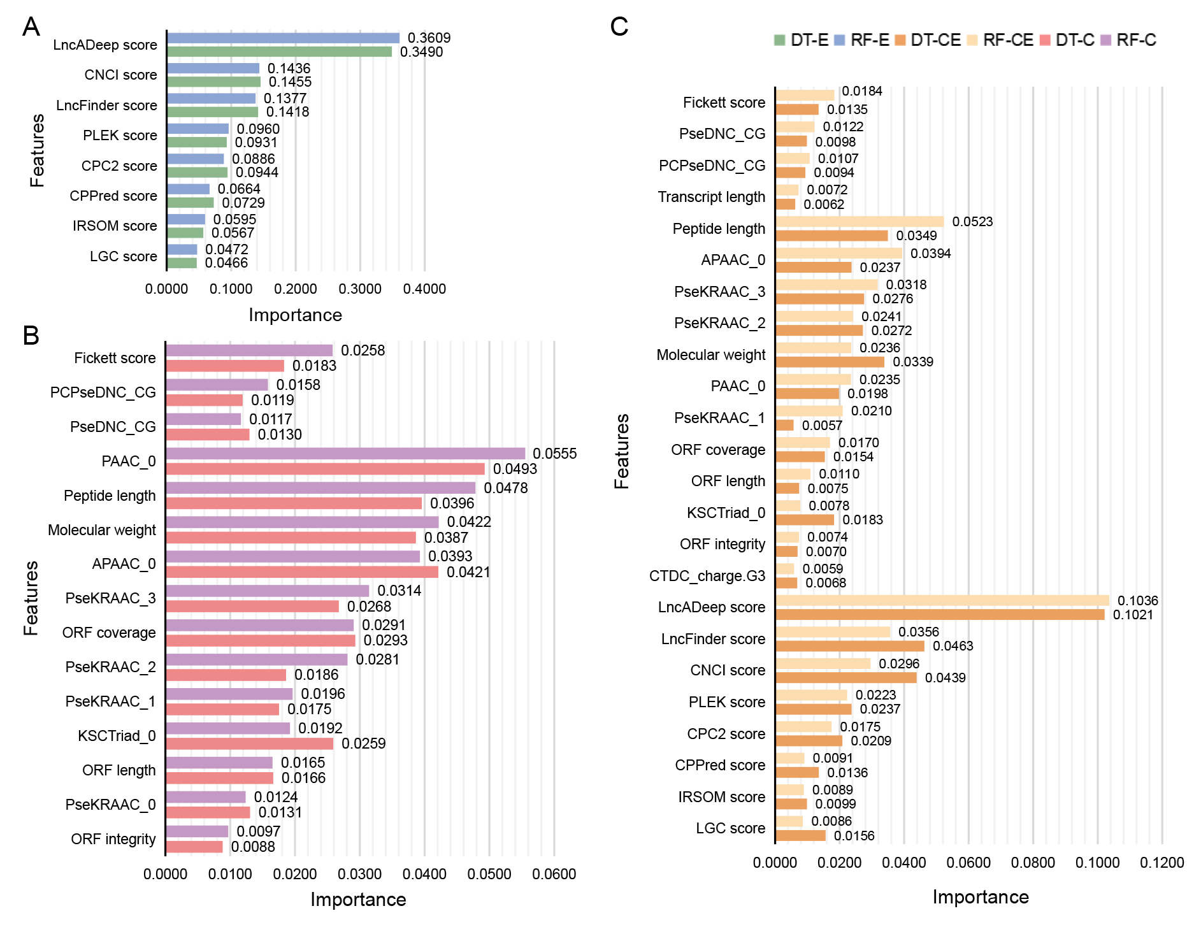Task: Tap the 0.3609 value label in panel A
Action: (429, 38)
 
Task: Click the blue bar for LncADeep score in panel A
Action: (283, 38)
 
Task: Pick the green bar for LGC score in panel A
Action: (182, 262)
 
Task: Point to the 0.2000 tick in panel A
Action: (296, 289)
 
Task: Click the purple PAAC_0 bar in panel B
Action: (345, 454)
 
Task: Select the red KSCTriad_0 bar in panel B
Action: (249, 744)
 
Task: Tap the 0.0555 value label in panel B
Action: (554, 454)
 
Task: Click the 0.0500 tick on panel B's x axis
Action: (489, 873)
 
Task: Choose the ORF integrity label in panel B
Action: (113, 839)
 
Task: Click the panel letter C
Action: (619, 27)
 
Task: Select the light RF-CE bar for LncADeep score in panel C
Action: (942, 600)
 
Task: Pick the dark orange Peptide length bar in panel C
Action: (831, 236)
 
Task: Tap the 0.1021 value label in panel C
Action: (1132, 615)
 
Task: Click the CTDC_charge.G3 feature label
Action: (707, 576)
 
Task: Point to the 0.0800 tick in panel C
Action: (1033, 863)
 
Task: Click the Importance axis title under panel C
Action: (980, 897)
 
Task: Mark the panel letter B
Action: (31, 336)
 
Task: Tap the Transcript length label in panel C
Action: (711, 197)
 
